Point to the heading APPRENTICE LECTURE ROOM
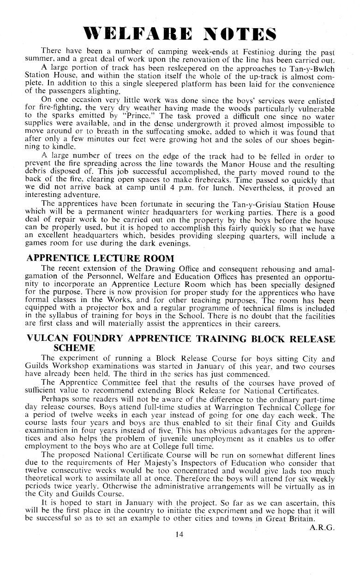(x=101, y=258)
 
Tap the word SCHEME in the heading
(x=87, y=348)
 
